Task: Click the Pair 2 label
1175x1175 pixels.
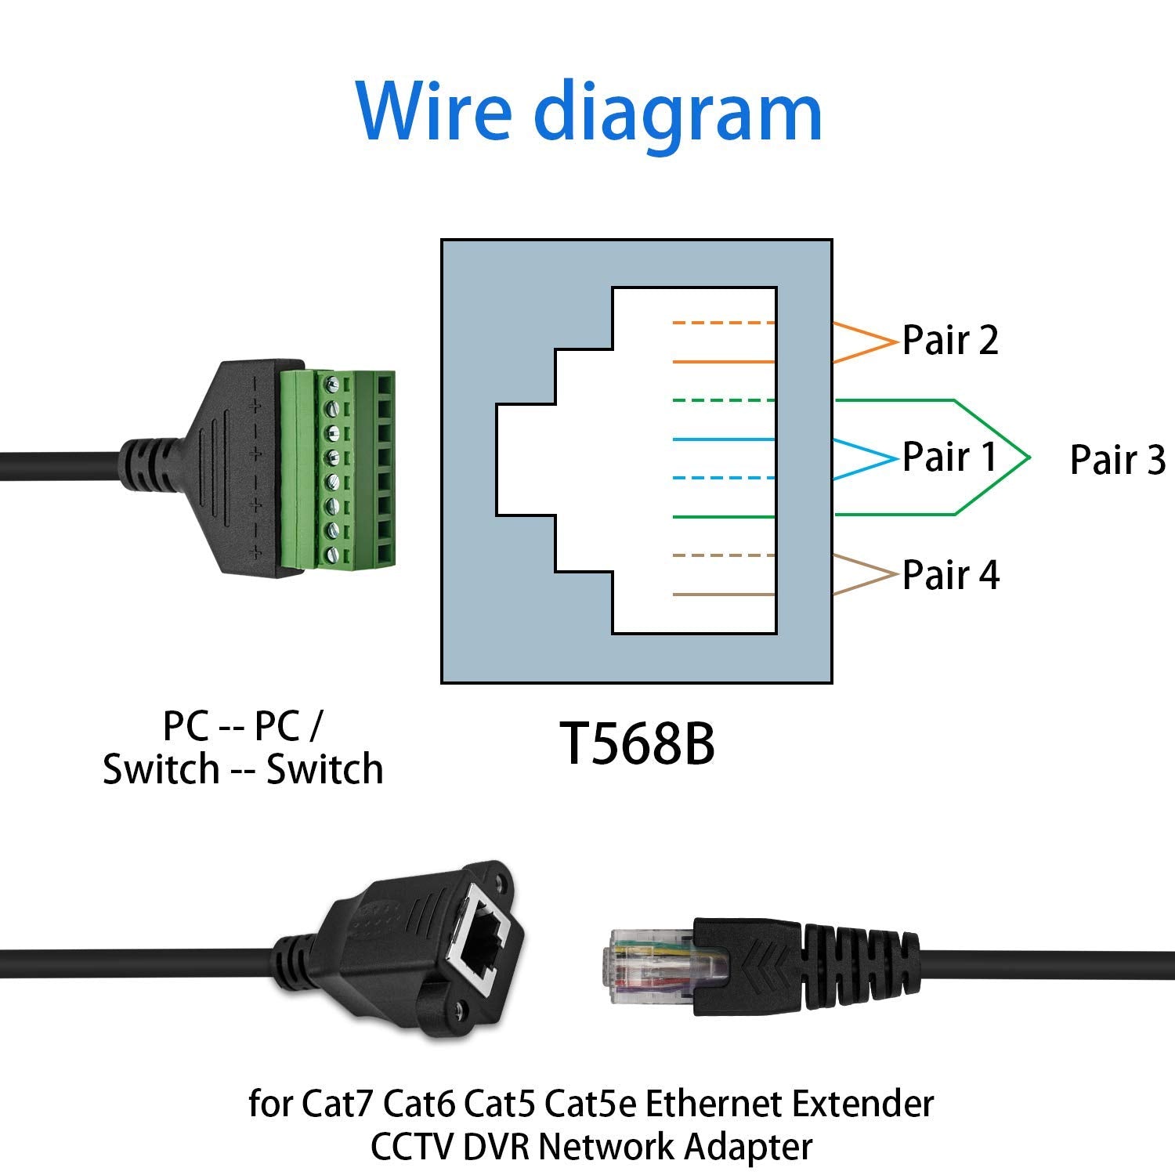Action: (x=950, y=340)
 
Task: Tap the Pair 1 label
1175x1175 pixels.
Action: (x=949, y=457)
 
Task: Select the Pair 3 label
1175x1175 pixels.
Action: (x=1118, y=460)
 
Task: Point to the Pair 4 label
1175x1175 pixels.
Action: (x=951, y=575)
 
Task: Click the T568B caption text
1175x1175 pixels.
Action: (x=636, y=744)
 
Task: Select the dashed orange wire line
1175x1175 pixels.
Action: (x=723, y=323)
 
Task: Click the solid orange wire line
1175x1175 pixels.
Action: (x=723, y=362)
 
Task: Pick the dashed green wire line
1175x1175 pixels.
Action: (x=723, y=400)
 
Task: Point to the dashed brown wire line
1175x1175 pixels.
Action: (x=723, y=555)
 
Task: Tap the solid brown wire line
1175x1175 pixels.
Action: (x=723, y=595)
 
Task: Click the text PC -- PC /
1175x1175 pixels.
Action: (x=242, y=726)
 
